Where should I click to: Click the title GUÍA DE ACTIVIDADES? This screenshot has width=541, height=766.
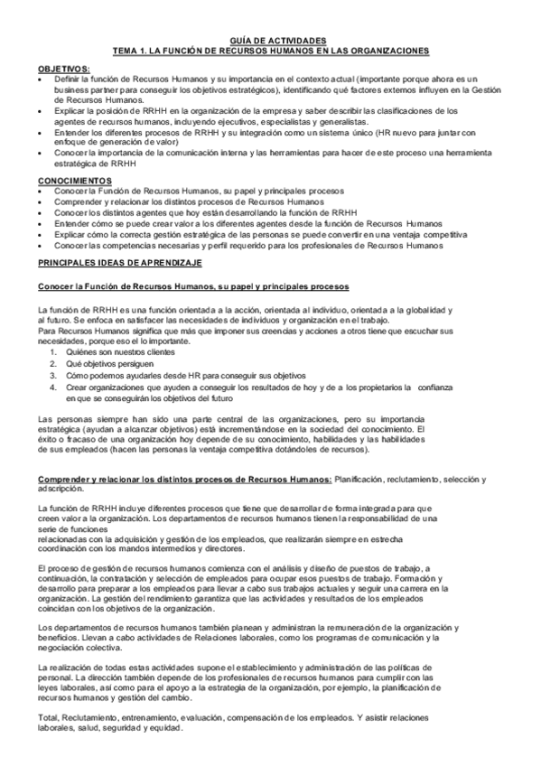(x=270, y=42)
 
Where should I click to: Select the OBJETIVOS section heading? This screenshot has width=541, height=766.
(x=64, y=70)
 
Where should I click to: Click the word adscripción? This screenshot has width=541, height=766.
(x=61, y=488)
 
